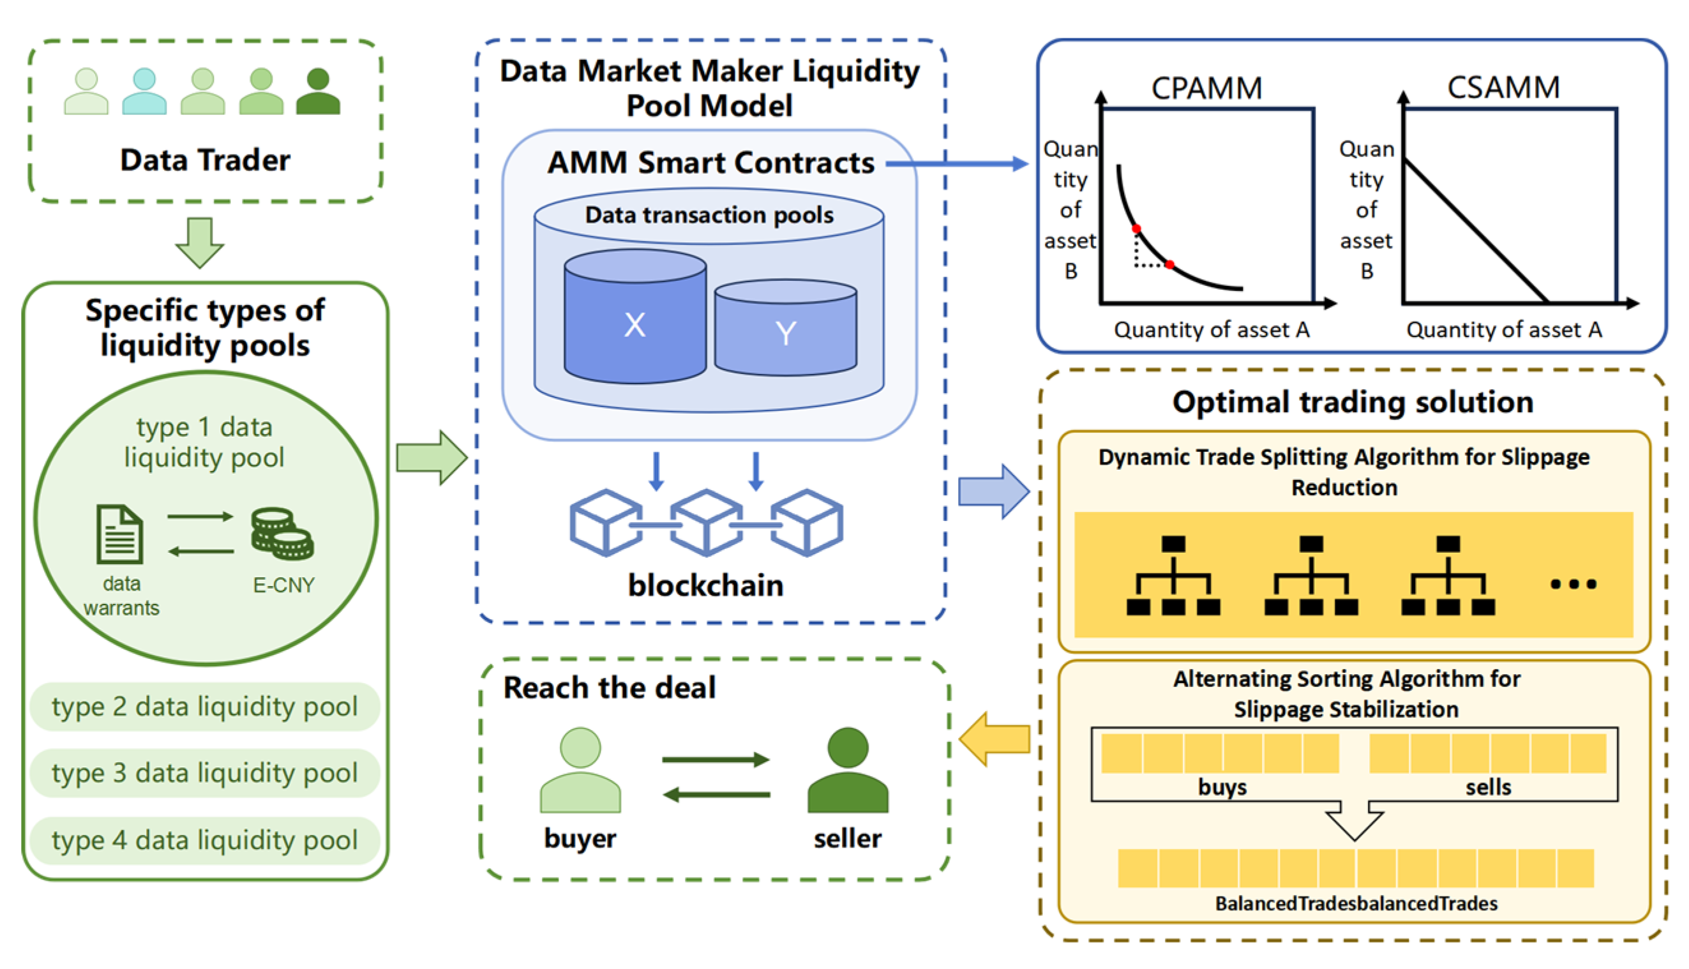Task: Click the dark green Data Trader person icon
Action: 318,91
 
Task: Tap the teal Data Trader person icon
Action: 144,91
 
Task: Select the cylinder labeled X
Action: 635,317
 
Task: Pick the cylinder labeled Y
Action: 785,327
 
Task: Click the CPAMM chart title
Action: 1206,88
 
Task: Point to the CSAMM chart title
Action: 1503,87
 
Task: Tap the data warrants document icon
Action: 120,534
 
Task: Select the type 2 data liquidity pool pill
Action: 205,707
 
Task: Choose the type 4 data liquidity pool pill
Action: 205,841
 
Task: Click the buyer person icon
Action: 580,770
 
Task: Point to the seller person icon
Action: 848,770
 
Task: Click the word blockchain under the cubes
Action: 706,585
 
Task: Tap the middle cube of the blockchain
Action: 706,522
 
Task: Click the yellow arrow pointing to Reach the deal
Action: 995,739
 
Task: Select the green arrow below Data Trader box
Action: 200,243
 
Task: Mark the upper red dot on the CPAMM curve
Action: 1137,229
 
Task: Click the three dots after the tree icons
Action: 1573,584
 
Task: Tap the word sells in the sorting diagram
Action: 1489,787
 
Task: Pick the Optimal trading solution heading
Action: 1353,402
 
